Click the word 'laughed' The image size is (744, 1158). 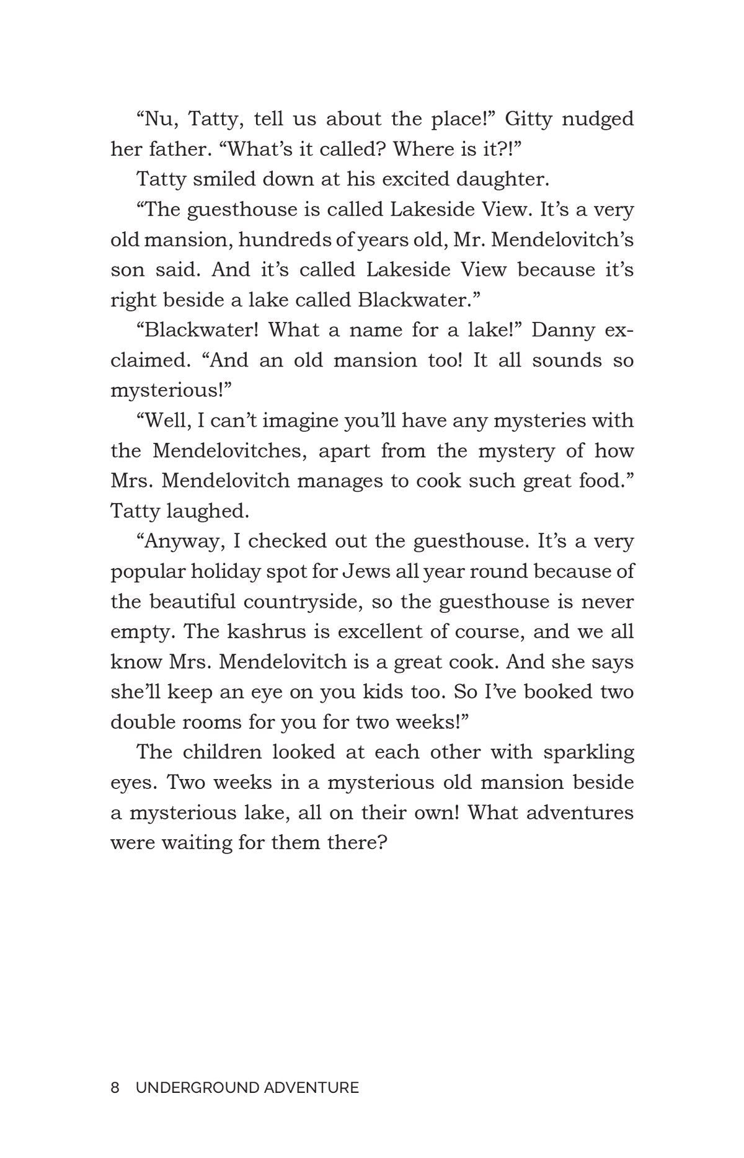pyautogui.click(x=208, y=511)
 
